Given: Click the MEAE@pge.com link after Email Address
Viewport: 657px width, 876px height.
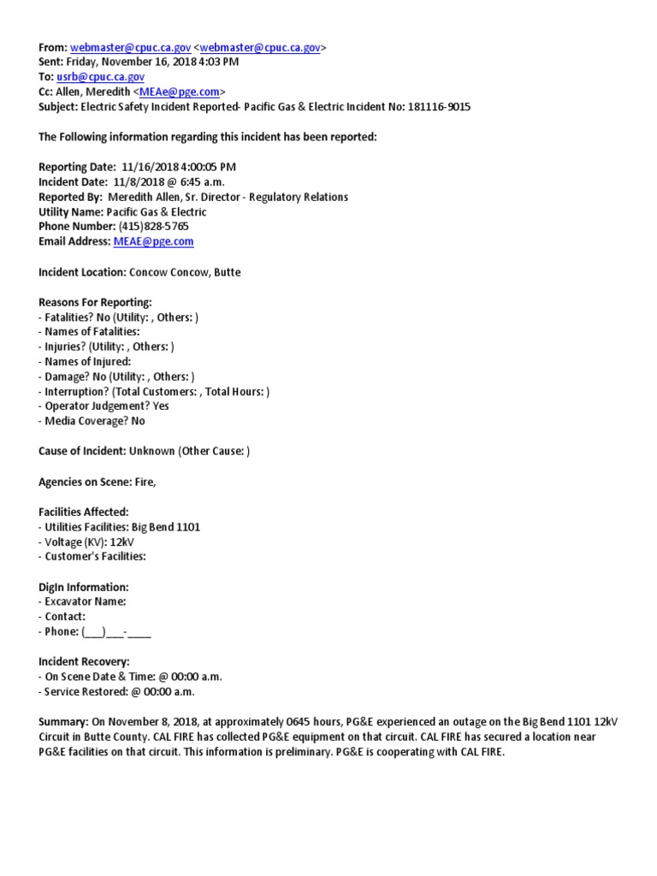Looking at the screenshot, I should (x=153, y=242).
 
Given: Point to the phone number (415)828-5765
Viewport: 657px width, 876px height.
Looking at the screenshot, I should (x=149, y=227).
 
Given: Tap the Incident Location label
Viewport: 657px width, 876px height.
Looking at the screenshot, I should (x=82, y=272).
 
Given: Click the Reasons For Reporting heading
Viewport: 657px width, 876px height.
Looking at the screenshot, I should (x=95, y=302).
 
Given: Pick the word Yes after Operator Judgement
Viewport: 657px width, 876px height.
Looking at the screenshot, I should (x=161, y=406).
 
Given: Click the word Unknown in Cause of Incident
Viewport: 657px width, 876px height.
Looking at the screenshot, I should (x=152, y=451).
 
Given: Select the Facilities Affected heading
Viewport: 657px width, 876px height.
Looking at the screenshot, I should (x=83, y=512).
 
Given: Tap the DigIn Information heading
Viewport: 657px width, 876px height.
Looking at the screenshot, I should (x=84, y=587).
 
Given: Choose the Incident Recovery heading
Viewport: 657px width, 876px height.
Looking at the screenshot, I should (x=84, y=661).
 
